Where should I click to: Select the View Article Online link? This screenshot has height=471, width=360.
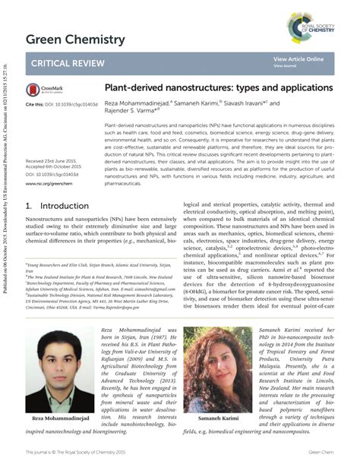pos(298,58)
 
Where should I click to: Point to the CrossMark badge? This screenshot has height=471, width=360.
pos(43,90)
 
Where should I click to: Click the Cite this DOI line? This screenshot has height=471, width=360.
pos(57,103)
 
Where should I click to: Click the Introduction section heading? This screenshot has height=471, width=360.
pos(57,206)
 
